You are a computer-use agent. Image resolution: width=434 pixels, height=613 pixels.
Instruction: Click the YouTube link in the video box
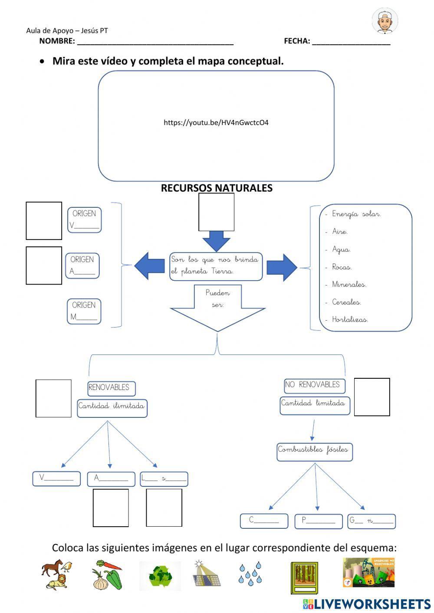click(216, 123)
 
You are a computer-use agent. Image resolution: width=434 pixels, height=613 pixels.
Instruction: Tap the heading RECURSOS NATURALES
click(217, 188)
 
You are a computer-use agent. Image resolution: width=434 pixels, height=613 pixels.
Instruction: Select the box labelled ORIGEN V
click(84, 220)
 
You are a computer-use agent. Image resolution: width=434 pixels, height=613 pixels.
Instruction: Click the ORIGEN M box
click(84, 311)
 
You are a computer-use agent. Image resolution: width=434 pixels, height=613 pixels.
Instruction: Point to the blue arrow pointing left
click(149, 266)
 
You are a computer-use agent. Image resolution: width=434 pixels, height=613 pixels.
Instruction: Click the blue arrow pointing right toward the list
click(282, 267)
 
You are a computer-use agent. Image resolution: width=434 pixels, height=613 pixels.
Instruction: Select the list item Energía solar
click(356, 214)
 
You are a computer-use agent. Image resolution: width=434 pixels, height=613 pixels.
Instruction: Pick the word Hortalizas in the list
click(350, 320)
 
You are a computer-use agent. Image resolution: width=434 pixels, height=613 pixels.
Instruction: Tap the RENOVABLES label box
click(111, 388)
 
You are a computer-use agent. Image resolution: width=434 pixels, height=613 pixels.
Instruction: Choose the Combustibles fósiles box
click(315, 451)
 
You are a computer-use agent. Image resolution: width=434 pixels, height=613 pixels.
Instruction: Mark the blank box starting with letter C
click(264, 521)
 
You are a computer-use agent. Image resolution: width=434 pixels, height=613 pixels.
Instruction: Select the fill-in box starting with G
click(372, 521)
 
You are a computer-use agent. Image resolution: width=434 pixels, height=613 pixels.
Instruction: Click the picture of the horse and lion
click(56, 574)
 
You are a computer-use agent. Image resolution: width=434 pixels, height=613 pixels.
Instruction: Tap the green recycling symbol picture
click(160, 576)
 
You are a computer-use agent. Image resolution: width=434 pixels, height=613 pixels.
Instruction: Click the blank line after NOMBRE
click(155, 42)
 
